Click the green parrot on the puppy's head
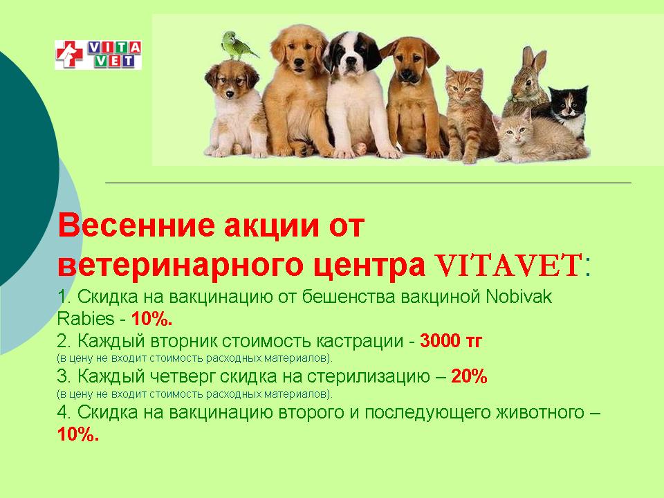pyautogui.click(x=239, y=46)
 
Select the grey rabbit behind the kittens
pyautogui.click(x=525, y=82)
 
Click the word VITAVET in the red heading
pyautogui.click(x=508, y=265)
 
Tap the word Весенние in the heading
pyautogui.click(x=136, y=225)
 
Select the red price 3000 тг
pyautogui.click(x=451, y=340)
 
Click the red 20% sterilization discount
pyautogui.click(x=469, y=376)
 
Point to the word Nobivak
pyautogui.click(x=519, y=297)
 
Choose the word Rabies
pyautogui.click(x=86, y=318)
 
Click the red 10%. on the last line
pyautogui.click(x=78, y=434)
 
